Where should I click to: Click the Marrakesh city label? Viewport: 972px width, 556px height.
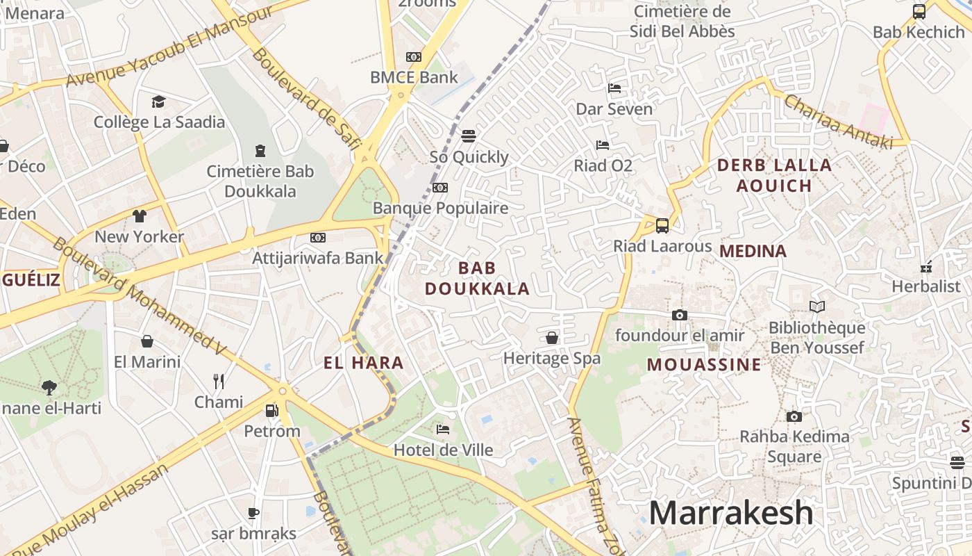(730, 513)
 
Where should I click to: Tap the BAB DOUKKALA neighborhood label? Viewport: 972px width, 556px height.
(477, 278)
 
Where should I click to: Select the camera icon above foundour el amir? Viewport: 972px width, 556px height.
(680, 315)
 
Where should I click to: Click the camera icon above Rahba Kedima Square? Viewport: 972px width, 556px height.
(794, 416)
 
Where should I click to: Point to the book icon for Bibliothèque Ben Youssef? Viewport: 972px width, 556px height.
(817, 306)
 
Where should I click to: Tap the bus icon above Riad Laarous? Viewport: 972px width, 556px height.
(662, 225)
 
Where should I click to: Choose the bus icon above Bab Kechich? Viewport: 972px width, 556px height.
(919, 11)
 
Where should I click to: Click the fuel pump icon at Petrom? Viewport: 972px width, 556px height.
(271, 411)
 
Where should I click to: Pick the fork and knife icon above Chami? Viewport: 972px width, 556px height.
(219, 381)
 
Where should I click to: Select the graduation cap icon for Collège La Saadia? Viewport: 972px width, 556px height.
(159, 101)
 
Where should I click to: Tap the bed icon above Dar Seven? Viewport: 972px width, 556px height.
(614, 88)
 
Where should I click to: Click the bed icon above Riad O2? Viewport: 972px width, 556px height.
(603, 145)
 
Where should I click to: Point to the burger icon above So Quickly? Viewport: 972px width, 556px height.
(469, 136)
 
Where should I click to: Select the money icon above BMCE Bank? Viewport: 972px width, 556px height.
(414, 57)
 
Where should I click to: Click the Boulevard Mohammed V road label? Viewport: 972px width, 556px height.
(140, 293)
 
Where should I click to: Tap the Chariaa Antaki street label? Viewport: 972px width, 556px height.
(837, 122)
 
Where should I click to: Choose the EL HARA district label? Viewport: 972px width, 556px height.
(363, 362)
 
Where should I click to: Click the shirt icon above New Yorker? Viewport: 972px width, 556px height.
(140, 215)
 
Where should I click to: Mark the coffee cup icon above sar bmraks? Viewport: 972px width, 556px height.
(253, 513)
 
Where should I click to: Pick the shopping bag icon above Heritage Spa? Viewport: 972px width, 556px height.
(552, 338)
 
